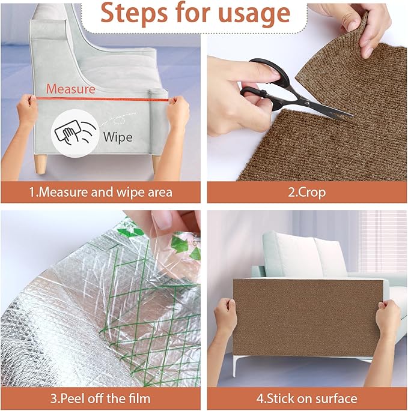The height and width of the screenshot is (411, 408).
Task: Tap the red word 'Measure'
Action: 71,89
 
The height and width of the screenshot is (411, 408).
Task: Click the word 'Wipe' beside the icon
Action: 118,136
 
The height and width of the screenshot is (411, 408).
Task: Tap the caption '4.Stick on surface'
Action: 306,398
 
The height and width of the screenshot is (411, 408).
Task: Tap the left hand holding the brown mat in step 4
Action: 225,318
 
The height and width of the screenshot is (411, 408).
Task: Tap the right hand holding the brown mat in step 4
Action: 388,321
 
